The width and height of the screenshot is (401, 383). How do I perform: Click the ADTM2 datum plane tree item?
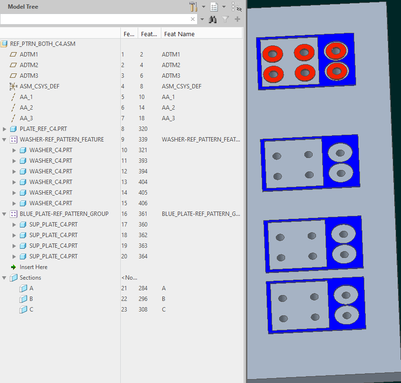click(x=29, y=65)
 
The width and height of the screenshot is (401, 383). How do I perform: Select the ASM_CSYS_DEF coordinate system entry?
click(x=39, y=86)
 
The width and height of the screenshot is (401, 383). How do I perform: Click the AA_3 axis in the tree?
click(x=26, y=118)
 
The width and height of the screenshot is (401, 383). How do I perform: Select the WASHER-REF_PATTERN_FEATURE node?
click(x=61, y=140)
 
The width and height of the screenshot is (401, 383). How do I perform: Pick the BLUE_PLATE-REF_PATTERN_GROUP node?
click(x=64, y=214)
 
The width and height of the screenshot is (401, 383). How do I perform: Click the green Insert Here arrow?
click(x=14, y=267)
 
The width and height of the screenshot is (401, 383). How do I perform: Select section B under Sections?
click(x=31, y=299)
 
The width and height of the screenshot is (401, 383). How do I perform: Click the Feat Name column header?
click(x=179, y=34)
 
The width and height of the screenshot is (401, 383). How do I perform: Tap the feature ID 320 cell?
click(x=143, y=129)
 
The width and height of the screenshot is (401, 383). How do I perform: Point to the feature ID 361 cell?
click(x=143, y=214)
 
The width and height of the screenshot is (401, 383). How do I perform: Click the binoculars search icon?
click(x=213, y=19)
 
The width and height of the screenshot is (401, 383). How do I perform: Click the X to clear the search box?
click(x=193, y=19)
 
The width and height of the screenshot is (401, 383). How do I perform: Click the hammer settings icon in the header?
click(x=193, y=7)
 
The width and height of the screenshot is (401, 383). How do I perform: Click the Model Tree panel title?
click(x=23, y=7)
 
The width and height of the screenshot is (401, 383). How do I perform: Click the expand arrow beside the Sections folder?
click(x=4, y=278)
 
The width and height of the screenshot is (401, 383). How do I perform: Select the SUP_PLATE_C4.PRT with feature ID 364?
click(x=53, y=256)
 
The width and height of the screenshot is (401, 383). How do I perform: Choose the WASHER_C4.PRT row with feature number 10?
click(x=51, y=150)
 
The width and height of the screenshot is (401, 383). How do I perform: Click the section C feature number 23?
click(x=124, y=310)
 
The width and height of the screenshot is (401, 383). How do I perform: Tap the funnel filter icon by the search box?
click(x=225, y=19)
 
